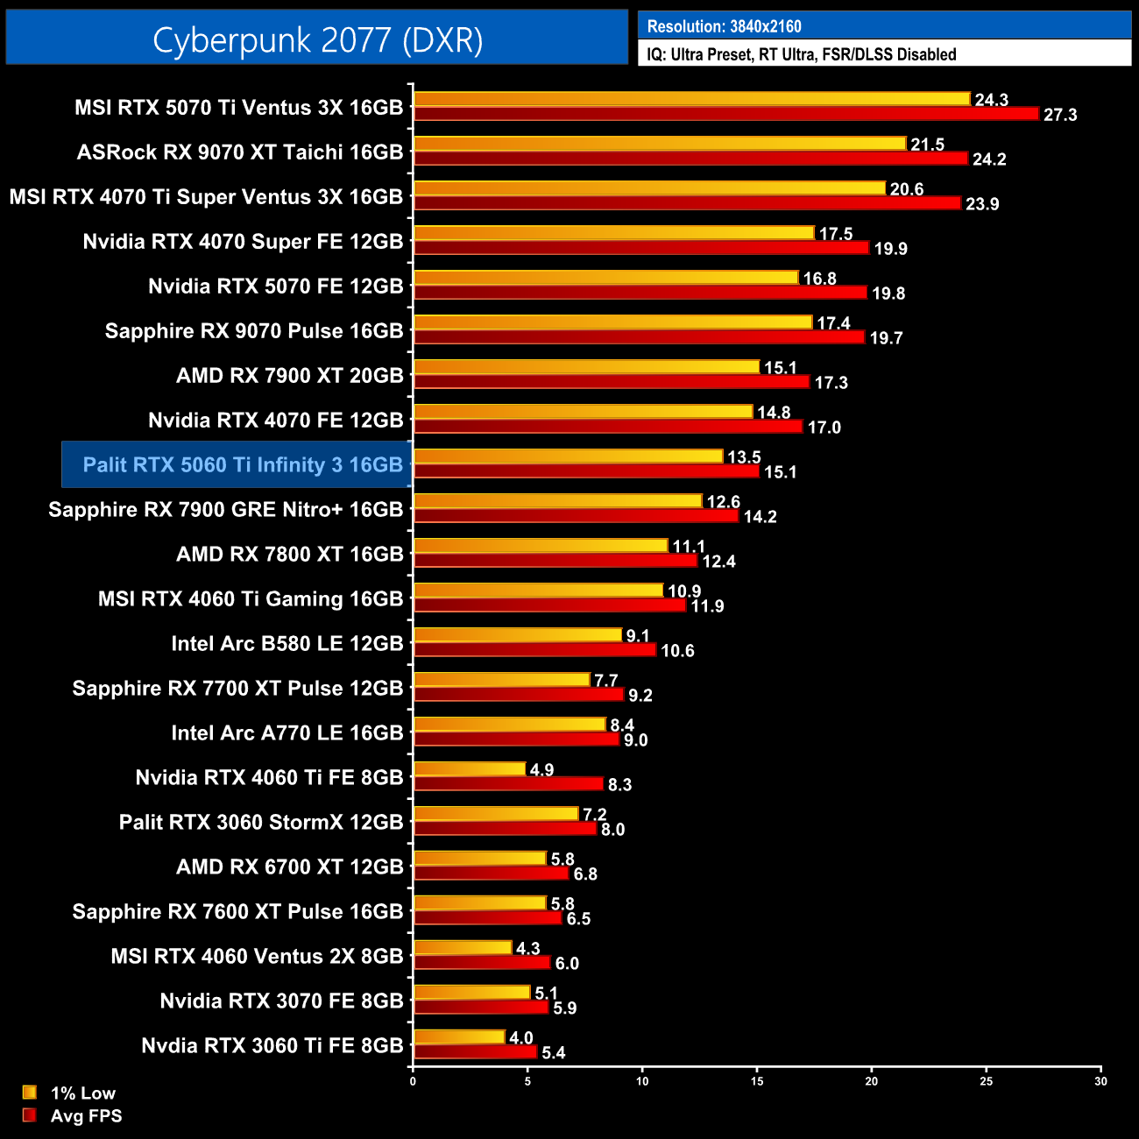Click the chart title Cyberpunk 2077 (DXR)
[317, 39]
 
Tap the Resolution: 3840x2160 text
[724, 26]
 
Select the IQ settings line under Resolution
[801, 54]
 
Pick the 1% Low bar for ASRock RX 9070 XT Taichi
[659, 144]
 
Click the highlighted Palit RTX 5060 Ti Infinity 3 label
[243, 464]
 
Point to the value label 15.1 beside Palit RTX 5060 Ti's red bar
[780, 472]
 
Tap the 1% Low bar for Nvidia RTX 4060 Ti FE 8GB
[470, 769]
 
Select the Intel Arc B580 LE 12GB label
[287, 643]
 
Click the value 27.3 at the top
[1060, 115]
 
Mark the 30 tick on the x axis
[1100, 1081]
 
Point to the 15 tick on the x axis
[757, 1081]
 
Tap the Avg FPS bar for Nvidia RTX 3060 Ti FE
[475, 1051]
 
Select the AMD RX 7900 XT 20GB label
[289, 375]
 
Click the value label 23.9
[982, 204]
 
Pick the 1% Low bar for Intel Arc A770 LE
[509, 725]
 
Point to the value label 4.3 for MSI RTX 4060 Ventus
[528, 948]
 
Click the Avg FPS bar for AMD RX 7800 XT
[555, 561]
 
